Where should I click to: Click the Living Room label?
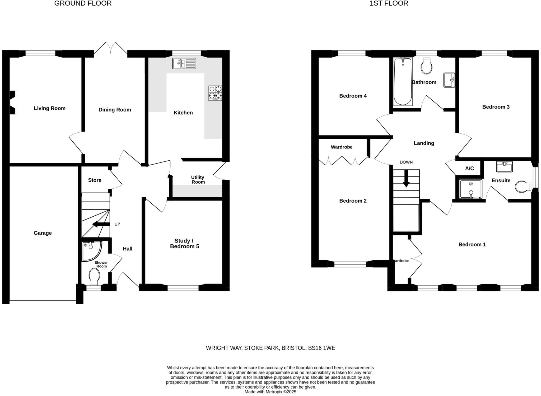coord(50,108)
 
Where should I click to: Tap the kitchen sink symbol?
coord(184,63)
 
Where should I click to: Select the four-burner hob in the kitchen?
coord(215,93)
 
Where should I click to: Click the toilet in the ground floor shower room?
coord(94,276)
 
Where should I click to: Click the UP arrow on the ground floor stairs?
coord(101,225)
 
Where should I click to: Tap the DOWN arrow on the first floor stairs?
coord(406,178)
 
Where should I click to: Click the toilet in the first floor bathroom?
coord(426,66)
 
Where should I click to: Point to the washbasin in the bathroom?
coord(449,80)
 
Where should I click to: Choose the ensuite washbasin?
coord(504,167)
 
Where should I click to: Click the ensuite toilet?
coord(523,187)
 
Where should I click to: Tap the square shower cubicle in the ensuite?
coord(470,189)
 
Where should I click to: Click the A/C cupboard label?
coord(469,169)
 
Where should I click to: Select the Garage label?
coord(43,233)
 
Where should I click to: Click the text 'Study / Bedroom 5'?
coord(184,244)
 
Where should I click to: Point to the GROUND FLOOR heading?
coord(83,3)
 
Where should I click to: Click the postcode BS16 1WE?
coord(321,348)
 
